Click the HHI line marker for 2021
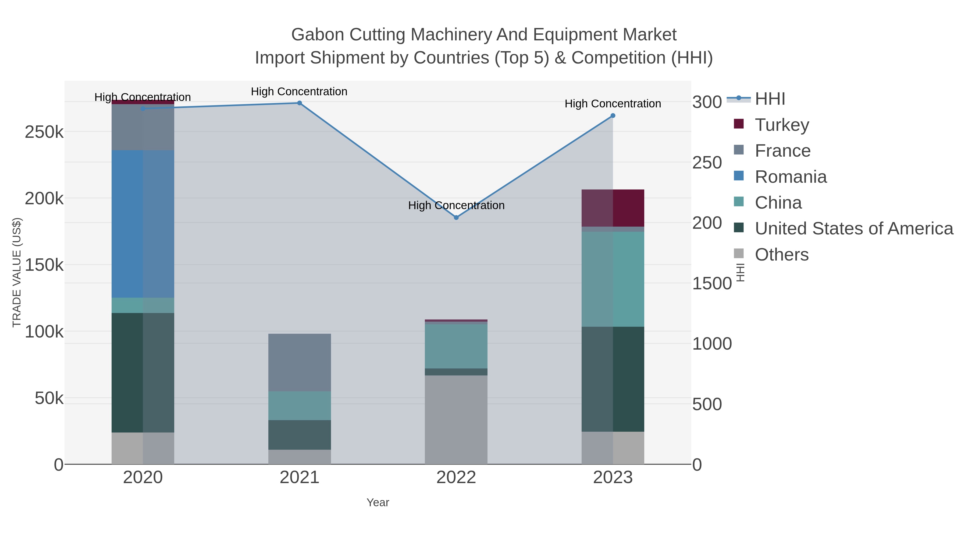300,103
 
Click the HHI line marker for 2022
456,217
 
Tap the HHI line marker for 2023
613,116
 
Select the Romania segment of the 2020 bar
143,224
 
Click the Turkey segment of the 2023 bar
613,208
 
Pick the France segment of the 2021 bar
300,362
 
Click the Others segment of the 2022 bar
456,419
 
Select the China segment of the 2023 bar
613,279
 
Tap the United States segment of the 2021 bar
300,435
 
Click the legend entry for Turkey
782,125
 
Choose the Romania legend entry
791,177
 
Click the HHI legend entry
770,99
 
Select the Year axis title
378,502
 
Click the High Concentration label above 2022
456,205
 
